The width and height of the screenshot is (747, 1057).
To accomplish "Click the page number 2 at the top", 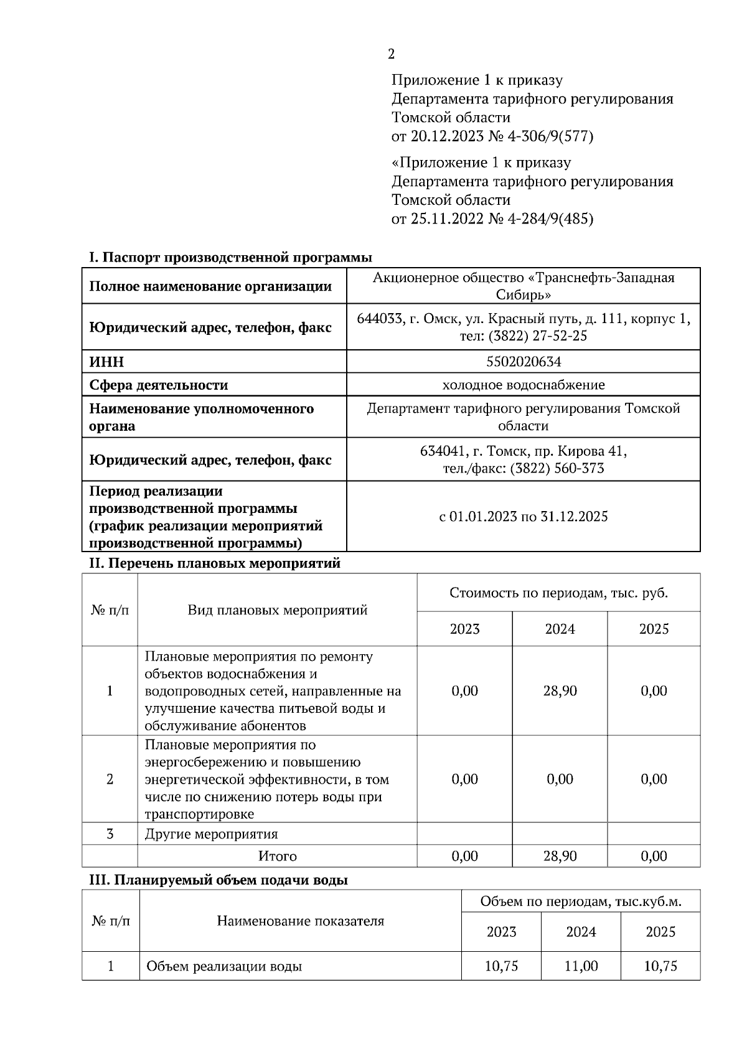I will point(391,55).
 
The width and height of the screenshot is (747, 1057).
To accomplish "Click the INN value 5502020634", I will point(523,362).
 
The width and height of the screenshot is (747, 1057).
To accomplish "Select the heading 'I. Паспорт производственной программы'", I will point(230,258).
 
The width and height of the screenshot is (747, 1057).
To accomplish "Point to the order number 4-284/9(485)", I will point(548,219).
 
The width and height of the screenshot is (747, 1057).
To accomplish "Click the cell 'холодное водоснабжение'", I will point(523,385).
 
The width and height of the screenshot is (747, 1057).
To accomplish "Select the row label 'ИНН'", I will point(106,362).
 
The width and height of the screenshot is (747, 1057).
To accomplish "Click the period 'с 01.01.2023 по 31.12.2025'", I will point(523,516).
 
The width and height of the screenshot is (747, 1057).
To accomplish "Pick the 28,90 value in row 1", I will point(560,691).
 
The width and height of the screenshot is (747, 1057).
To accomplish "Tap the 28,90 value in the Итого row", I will point(560,856).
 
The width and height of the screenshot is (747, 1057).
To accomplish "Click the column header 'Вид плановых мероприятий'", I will point(277,610).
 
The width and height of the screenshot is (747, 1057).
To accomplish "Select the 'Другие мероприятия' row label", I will point(211,834).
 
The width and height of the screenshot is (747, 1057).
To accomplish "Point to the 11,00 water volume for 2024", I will point(581,966).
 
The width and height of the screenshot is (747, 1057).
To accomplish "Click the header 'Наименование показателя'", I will point(300,921).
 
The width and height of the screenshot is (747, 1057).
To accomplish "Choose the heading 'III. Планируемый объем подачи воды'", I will point(218,880).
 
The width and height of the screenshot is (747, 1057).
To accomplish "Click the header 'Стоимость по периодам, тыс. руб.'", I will point(558,593).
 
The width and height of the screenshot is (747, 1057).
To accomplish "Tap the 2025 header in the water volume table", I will point(660,932).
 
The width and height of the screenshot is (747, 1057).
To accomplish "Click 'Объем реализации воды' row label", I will point(224,967).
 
